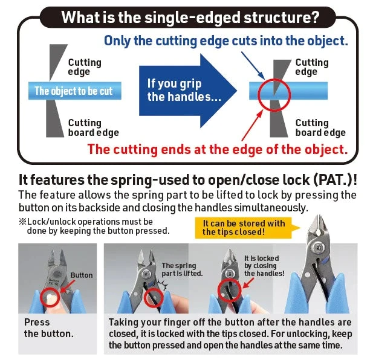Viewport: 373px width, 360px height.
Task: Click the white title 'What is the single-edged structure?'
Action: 190,16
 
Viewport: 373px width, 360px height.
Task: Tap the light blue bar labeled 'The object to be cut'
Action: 73,92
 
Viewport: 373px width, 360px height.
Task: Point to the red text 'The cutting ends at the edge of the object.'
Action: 218,149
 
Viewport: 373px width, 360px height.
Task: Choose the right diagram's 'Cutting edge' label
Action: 311,67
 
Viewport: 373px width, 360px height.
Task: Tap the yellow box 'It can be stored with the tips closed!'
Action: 244,228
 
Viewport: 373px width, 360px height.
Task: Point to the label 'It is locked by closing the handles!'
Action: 264,265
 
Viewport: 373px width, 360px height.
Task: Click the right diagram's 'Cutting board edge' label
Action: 320,127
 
